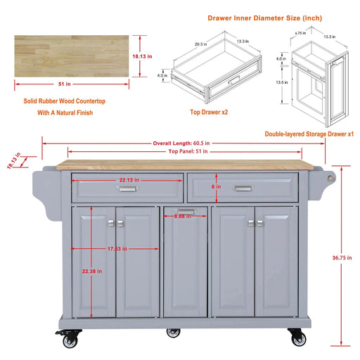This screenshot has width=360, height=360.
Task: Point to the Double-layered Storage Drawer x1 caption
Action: (x=309, y=133)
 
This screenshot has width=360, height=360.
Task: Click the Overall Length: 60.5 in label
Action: (x=181, y=143)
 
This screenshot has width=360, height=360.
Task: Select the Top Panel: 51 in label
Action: (x=183, y=151)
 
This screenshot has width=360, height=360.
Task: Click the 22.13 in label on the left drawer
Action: (x=127, y=180)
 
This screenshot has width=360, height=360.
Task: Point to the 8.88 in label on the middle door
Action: (x=183, y=217)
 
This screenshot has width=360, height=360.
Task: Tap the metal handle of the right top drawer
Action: (x=243, y=188)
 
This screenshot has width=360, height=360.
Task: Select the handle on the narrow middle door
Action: (x=185, y=210)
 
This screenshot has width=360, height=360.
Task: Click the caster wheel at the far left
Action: (x=70, y=340)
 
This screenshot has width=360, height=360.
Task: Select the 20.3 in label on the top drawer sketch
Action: (x=200, y=44)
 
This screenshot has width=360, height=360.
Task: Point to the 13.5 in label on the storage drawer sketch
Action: (x=281, y=82)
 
